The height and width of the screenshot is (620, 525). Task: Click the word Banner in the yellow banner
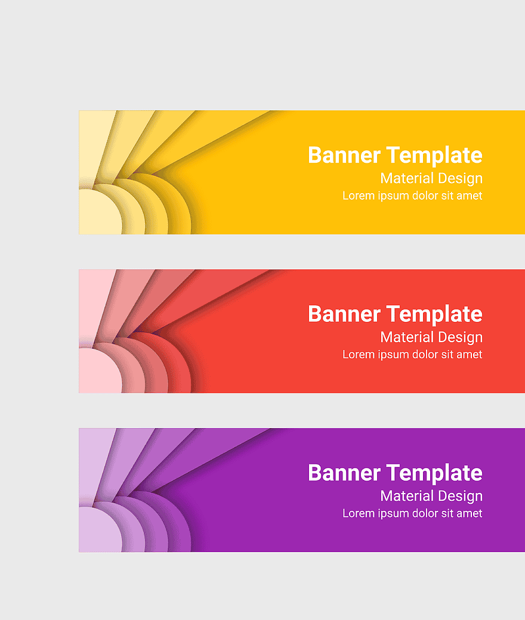tap(344, 154)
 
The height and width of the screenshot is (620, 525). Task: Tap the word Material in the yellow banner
tap(407, 178)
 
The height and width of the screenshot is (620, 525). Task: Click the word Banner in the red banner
tap(344, 314)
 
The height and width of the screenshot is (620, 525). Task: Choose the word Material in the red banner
tap(407, 337)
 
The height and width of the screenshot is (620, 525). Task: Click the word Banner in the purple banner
tap(344, 473)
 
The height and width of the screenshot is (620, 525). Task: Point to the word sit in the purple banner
tap(447, 513)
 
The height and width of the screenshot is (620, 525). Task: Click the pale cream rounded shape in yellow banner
tap(100, 212)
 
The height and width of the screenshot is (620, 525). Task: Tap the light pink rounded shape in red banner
tap(100, 371)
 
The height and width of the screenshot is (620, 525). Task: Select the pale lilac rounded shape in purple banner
tap(100, 530)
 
